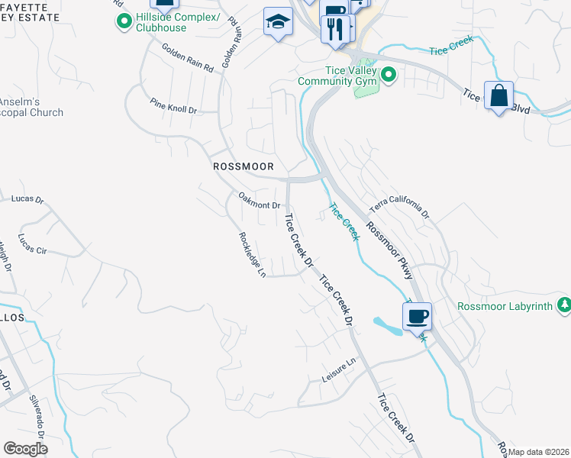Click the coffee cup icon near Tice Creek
pos(417,315)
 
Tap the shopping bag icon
pos(498,96)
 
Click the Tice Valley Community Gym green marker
pos(389,74)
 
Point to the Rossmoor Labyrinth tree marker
pos(564,305)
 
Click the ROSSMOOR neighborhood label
pos(243,166)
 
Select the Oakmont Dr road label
pos(260,200)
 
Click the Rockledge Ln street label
pos(252,255)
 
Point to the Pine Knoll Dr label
pos(173,105)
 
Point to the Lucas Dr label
pos(28,200)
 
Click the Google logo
pos(25,448)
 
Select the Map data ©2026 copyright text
pos(539,452)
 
